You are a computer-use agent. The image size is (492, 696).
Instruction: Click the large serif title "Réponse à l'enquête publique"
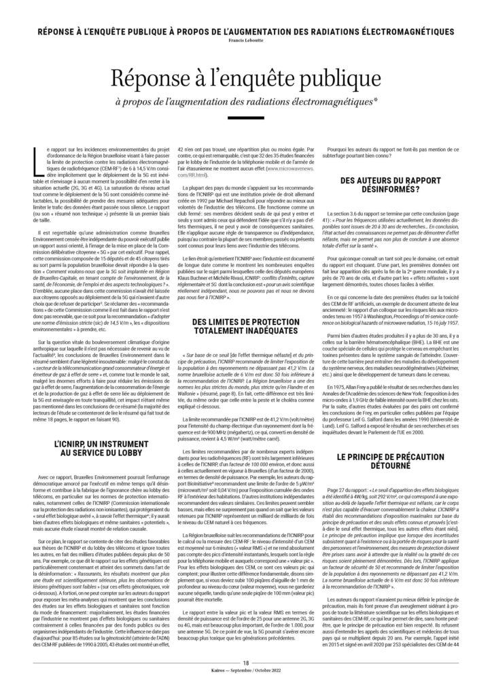245,80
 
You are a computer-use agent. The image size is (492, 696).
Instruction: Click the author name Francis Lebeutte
245,39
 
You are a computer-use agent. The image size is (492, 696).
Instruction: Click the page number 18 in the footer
246,682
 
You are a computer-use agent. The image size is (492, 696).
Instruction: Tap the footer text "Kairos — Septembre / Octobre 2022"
246,689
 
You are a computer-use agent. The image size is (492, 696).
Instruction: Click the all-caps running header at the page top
245,31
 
